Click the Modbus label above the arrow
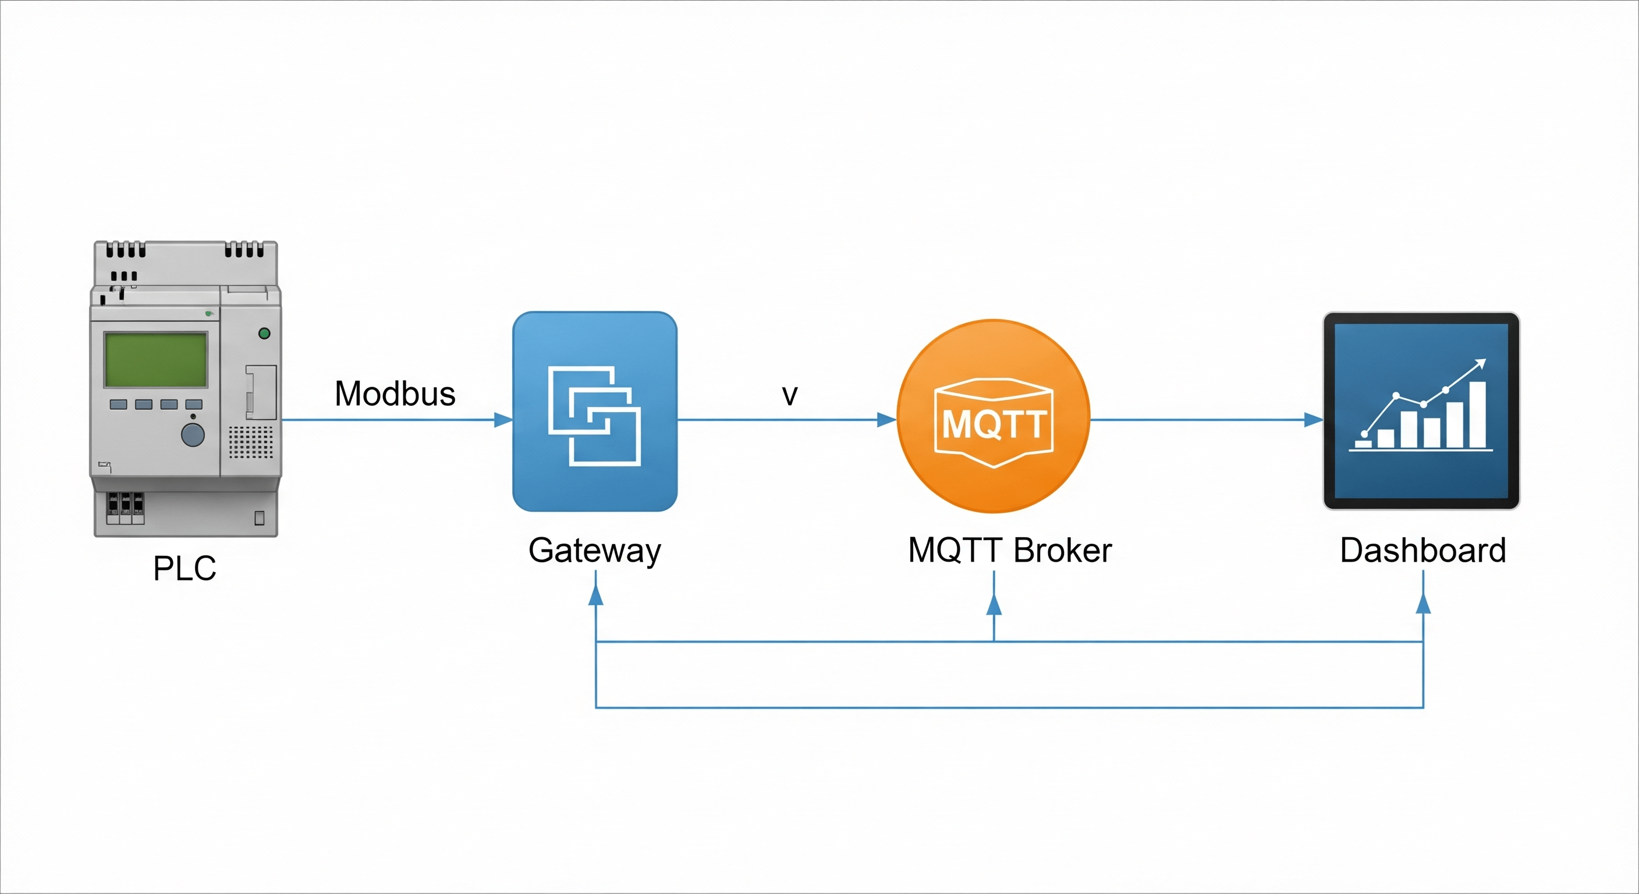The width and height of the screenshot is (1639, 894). point(395,394)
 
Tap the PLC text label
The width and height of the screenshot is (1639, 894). point(185,568)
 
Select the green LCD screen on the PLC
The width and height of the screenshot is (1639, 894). point(156,360)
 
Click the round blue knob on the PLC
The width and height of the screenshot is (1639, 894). point(193,435)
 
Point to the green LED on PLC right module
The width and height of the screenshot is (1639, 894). point(265,333)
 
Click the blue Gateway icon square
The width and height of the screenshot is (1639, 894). point(595,411)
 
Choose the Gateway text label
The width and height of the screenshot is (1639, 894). point(595,551)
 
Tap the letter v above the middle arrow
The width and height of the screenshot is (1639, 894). point(790,395)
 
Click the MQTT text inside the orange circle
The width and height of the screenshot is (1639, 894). point(994,424)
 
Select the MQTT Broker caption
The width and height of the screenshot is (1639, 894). point(1010,551)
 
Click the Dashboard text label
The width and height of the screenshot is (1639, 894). point(1422,551)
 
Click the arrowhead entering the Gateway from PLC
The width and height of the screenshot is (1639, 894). point(503,419)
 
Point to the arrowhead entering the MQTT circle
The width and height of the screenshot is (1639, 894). point(886,419)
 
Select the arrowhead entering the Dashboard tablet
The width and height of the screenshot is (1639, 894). point(1313,419)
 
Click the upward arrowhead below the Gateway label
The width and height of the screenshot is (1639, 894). point(595,594)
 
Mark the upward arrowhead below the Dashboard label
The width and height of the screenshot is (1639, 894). point(1423,602)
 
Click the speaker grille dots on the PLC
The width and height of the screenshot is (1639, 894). point(251,442)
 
